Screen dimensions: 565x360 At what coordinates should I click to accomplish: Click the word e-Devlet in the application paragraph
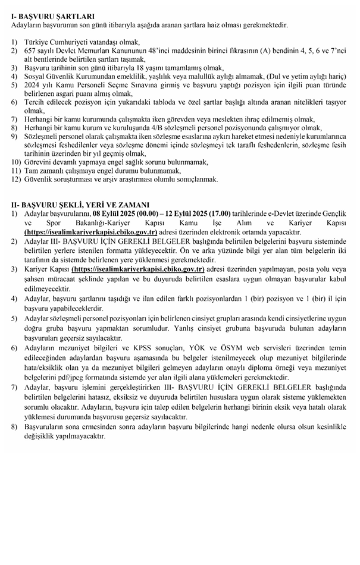point(284,213)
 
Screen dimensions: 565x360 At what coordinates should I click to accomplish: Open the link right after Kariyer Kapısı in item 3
point(138,269)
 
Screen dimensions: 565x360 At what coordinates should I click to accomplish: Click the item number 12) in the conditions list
point(15,178)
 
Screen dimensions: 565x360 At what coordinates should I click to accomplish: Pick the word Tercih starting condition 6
point(35,102)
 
